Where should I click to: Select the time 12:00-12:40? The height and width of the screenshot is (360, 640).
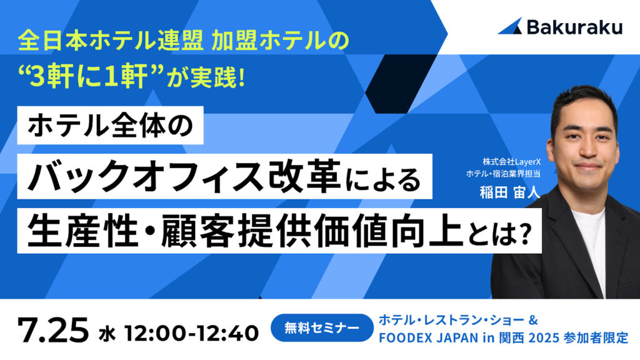(x=191, y=332)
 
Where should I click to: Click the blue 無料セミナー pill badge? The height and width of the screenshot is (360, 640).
(x=322, y=327)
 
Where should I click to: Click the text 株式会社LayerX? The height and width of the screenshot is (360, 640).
(x=511, y=162)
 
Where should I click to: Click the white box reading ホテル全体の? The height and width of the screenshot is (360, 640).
(x=110, y=125)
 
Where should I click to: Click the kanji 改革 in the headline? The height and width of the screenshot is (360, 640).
(x=304, y=176)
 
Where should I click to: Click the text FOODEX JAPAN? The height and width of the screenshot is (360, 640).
(x=429, y=338)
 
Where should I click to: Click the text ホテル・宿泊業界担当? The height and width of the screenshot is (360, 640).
(x=503, y=174)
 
